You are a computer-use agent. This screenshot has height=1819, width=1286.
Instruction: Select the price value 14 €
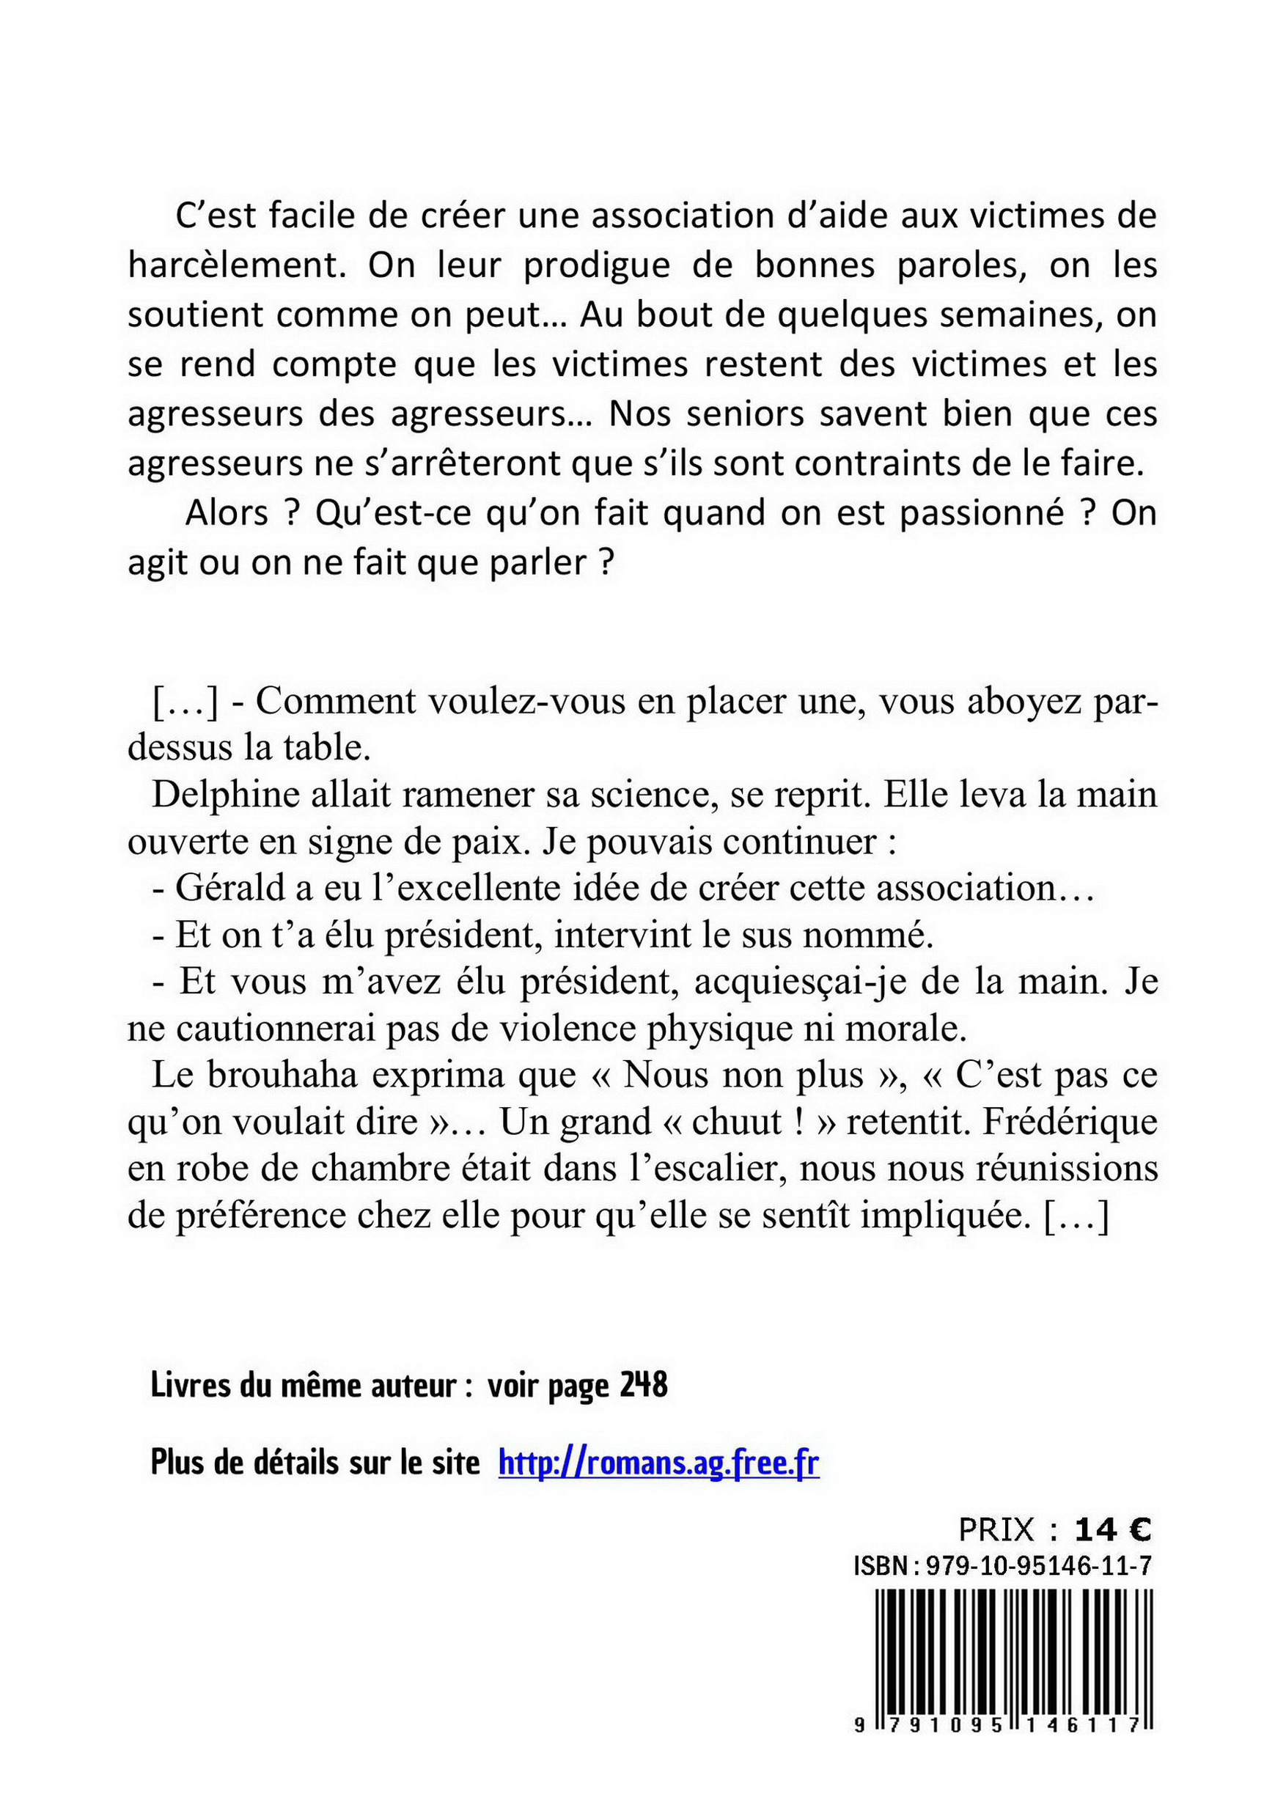(x=1112, y=1530)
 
